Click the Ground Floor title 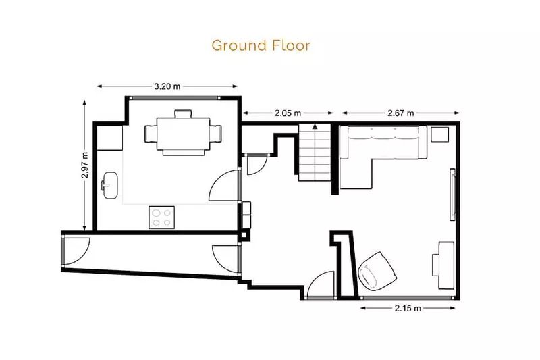tap(261, 45)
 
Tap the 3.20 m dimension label tap(167, 86)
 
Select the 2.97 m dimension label tap(85, 165)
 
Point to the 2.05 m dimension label tap(288, 113)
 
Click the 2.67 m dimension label tap(400, 113)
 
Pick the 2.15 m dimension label tap(408, 308)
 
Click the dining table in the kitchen tap(183, 134)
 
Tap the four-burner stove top tap(161, 217)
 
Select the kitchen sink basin tap(111, 185)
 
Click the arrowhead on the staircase tap(315, 126)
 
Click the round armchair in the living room tap(377, 270)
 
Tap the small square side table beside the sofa tap(440, 134)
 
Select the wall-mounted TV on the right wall tap(453, 195)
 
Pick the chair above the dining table tap(183, 113)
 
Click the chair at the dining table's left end tap(151, 133)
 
